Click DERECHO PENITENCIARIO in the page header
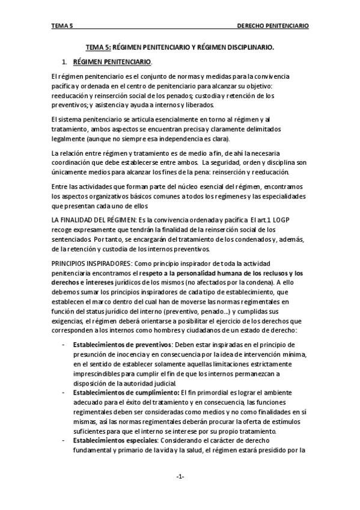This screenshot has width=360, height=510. (x=273, y=26)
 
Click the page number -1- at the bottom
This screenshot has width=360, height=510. (x=180, y=477)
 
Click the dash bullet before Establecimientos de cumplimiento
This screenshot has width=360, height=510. (x=64, y=392)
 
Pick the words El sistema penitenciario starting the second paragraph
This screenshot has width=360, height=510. (x=84, y=120)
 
